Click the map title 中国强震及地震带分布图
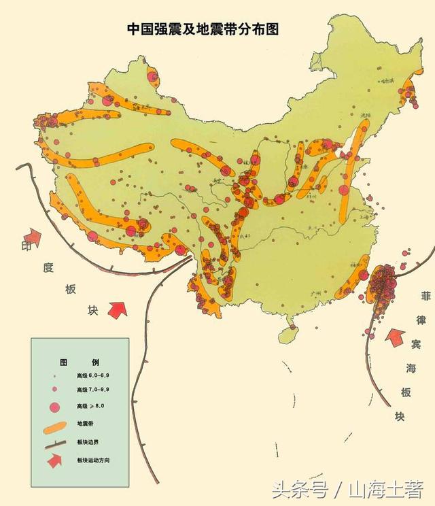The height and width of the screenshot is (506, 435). [203, 29]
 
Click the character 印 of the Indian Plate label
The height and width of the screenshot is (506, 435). [27, 246]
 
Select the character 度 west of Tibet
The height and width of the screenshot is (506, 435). [48, 267]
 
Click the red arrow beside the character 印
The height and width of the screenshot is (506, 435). [32, 237]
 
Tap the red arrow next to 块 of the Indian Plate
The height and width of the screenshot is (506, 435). [118, 309]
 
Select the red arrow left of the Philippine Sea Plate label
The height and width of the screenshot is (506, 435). [395, 337]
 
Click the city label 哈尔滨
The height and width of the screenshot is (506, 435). [388, 80]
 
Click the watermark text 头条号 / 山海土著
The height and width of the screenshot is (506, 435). [347, 489]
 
